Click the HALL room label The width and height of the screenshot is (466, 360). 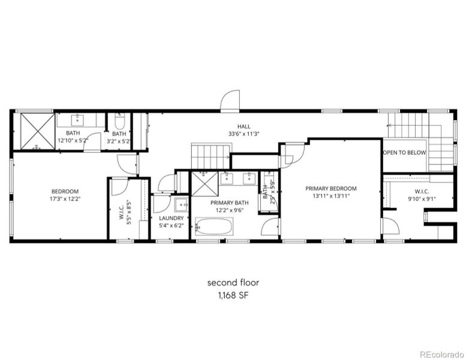tap(243, 126)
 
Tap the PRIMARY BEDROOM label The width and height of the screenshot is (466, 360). tap(331, 188)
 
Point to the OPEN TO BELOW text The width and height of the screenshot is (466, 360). tap(405, 152)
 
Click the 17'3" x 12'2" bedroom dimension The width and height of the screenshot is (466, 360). tap(65, 199)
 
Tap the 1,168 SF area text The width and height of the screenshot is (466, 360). tap(233, 295)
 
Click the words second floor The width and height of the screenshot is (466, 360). tap(233, 282)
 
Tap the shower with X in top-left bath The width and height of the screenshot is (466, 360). tap(34, 130)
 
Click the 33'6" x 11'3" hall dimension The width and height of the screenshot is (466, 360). tap(243, 134)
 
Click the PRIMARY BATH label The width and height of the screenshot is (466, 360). tap(226, 203)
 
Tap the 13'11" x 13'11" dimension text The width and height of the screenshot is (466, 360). tap(331, 196)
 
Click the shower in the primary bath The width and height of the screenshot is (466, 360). tap(203, 184)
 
